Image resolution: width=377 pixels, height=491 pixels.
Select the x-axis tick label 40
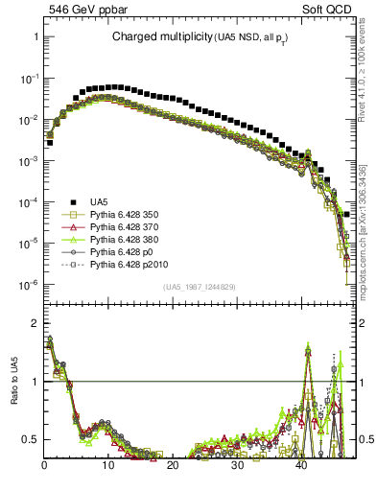pyautogui.click(x=301, y=465)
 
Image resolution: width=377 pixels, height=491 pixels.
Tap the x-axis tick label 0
pyautogui.click(x=44, y=465)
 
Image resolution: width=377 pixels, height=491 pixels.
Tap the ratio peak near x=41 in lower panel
pyautogui.click(x=308, y=349)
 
